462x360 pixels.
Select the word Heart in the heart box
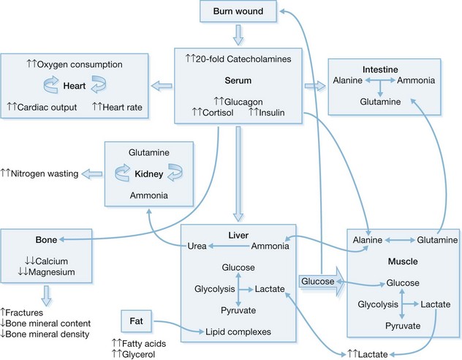[90, 86]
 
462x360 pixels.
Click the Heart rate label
[123, 108]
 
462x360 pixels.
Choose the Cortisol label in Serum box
[209, 112]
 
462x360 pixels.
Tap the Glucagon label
[241, 102]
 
